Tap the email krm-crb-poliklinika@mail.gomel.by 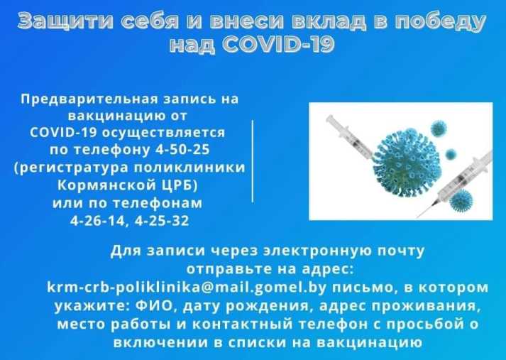187,288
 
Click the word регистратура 72,168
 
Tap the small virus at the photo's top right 439,128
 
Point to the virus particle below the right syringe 461,200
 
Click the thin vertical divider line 253,161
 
